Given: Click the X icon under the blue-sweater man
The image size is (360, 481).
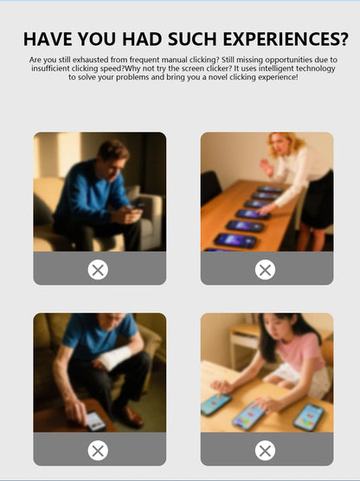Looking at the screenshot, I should coord(99,270).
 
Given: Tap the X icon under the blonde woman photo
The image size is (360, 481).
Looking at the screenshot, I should coord(266,270).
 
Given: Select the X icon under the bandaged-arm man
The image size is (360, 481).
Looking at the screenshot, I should coord(99,450).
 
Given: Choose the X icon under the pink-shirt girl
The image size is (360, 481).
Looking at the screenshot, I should coord(266,450).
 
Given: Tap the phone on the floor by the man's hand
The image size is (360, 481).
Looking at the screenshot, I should coord(95,420).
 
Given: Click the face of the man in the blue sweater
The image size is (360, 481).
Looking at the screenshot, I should coord(112,161).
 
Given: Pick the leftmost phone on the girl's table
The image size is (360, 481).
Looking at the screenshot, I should coord(215,403).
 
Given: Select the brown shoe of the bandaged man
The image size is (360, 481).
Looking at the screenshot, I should coord(130,416).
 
